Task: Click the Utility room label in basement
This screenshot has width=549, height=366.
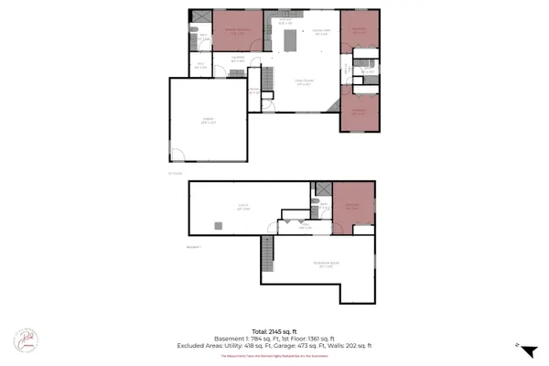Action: pyautogui.click(x=243, y=208)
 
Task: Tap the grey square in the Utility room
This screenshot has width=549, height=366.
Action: pyautogui.click(x=218, y=225)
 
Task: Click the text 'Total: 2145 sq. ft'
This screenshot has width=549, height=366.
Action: pyautogui.click(x=274, y=330)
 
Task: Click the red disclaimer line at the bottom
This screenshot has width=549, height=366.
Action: pyautogui.click(x=274, y=357)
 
